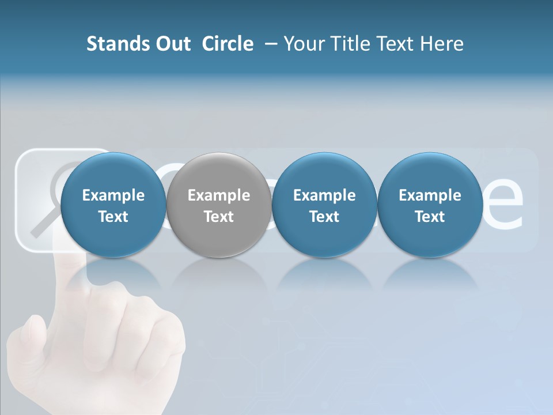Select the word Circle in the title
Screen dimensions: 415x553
click(x=228, y=44)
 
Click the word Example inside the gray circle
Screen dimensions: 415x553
click(x=218, y=195)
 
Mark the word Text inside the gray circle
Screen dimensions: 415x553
click(x=218, y=217)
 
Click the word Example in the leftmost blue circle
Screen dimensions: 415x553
click(x=113, y=195)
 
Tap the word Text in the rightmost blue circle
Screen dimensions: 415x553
click(x=430, y=217)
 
